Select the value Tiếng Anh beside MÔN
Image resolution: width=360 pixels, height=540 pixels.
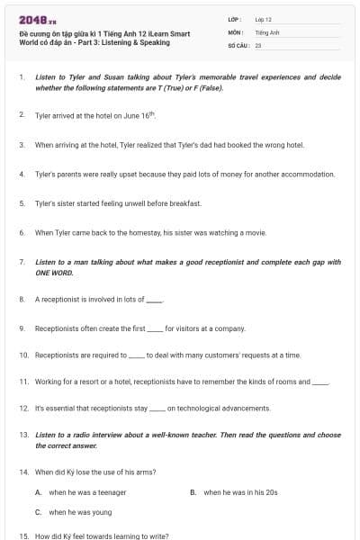pyautogui.click(x=267, y=31)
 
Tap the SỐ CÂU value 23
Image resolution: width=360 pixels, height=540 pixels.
pyautogui.click(x=258, y=43)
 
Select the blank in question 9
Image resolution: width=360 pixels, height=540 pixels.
pyautogui.click(x=154, y=328)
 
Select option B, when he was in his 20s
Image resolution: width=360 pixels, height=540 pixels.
pyautogui.click(x=239, y=492)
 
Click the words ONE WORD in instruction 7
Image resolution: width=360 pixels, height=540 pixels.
pyautogui.click(x=54, y=271)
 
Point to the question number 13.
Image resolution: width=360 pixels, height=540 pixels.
pyautogui.click(x=23, y=435)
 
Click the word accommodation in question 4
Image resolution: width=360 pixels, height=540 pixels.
pyautogui.click(x=305, y=174)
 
